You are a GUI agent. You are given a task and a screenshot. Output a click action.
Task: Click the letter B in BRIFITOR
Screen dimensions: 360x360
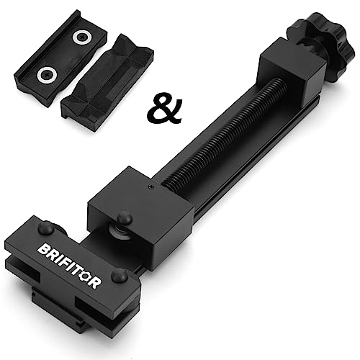(44, 250)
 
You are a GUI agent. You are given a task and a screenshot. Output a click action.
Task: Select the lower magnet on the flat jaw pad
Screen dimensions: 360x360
(47, 75)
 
